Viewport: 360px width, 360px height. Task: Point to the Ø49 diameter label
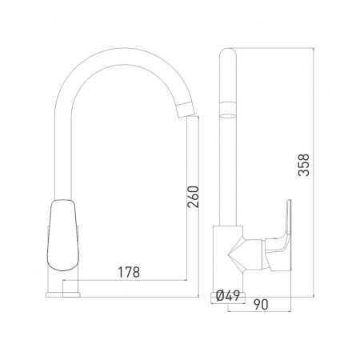230,296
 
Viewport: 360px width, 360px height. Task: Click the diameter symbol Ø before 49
221,296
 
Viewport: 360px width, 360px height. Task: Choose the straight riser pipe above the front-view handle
66,160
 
